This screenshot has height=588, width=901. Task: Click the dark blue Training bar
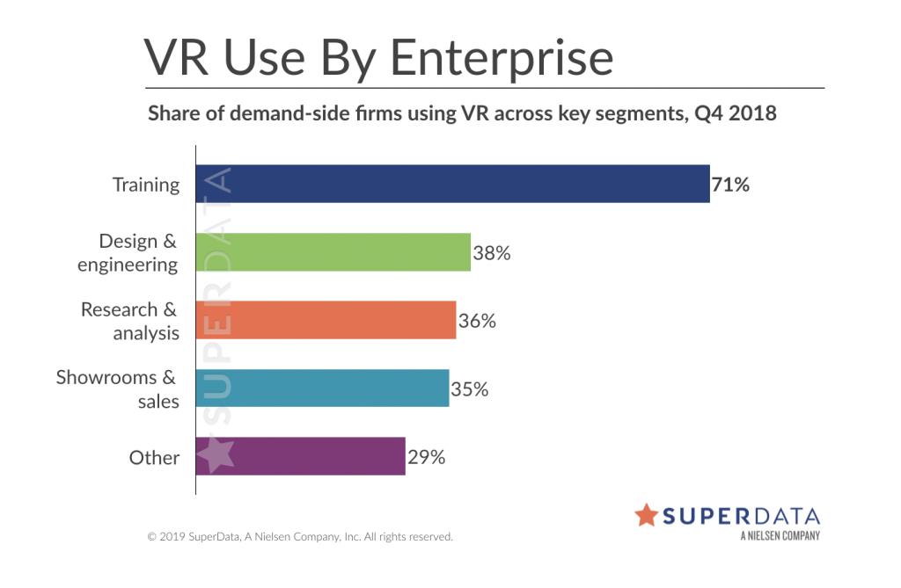452,184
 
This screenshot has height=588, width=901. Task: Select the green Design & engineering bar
333,252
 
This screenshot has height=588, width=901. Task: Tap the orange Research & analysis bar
326,320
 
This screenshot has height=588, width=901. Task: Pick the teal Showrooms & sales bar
322,388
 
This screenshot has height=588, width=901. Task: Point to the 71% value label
730,185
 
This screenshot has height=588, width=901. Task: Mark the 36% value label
477,321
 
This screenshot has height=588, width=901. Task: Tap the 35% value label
470,388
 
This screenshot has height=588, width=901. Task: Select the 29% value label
426,457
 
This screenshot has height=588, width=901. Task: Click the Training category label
146,185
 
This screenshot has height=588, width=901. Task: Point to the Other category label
154,458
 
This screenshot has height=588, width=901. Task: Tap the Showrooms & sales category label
118,389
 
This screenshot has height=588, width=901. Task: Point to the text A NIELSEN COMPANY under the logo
780,535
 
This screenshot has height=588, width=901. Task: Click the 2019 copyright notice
299,535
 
